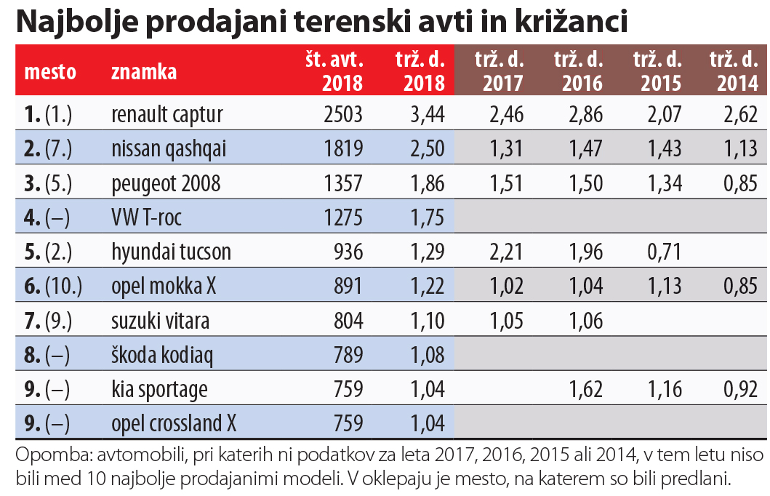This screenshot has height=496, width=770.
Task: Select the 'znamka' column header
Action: tap(144, 72)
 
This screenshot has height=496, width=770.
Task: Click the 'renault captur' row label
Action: tap(167, 114)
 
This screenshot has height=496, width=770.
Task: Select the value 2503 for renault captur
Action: tap(340, 114)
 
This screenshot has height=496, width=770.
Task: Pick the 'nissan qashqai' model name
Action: tap(169, 148)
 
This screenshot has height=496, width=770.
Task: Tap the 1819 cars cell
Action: tap(340, 148)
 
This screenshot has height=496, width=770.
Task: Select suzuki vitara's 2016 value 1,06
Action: tap(582, 321)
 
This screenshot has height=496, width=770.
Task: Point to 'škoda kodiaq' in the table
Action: tap(161, 355)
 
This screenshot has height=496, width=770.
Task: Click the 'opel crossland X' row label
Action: tap(174, 424)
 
